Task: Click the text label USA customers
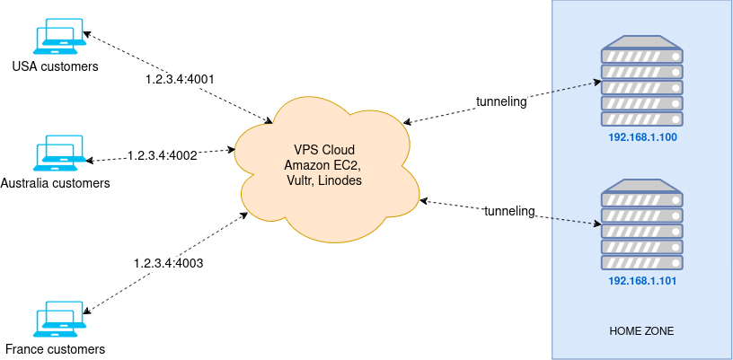[56, 66]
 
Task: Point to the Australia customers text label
[56, 183]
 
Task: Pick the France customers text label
[56, 349]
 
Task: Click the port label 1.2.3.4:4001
[180, 79]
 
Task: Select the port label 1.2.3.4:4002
[162, 155]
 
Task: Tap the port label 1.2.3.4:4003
[168, 263]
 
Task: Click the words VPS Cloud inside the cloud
[324, 149]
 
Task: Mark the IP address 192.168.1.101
[641, 281]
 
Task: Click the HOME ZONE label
[641, 331]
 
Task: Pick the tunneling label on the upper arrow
[501, 101]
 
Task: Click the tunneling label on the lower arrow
[509, 211]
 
